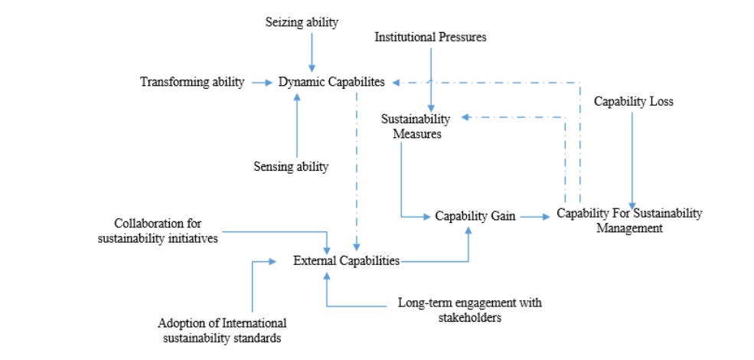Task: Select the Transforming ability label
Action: coord(192,81)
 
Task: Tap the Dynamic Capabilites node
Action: coord(332,81)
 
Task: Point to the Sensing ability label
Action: coord(295,165)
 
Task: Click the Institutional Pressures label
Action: coord(430,36)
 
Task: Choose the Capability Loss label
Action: coord(634,101)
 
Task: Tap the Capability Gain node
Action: coord(471,217)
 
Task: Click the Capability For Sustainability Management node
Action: coord(628,220)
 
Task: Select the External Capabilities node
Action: coord(346,260)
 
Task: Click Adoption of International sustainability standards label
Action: coord(222,329)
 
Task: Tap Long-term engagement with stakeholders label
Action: coord(469,309)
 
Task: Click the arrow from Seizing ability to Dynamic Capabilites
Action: coord(311,51)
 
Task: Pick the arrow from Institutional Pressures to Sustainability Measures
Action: coord(430,77)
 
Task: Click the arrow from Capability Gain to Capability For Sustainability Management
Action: coord(534,217)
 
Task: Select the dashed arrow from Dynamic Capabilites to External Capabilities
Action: coord(355,169)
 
